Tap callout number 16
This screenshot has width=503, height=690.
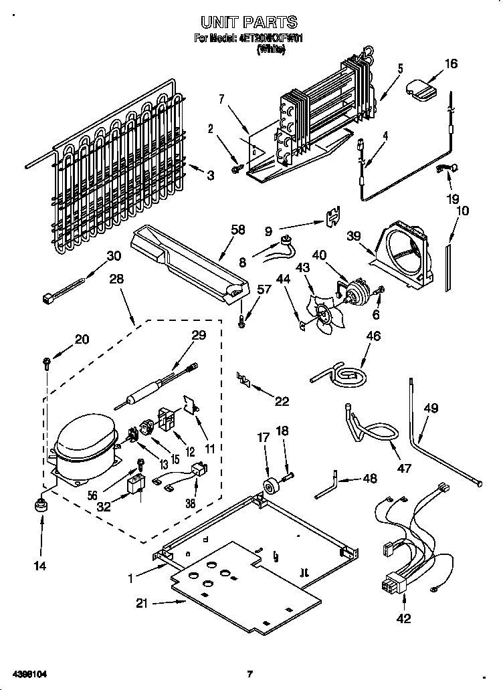click(451, 64)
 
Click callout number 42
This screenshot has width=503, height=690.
click(404, 618)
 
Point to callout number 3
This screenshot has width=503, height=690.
click(211, 176)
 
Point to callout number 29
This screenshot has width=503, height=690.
click(199, 336)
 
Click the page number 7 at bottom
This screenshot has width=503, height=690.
click(249, 673)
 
